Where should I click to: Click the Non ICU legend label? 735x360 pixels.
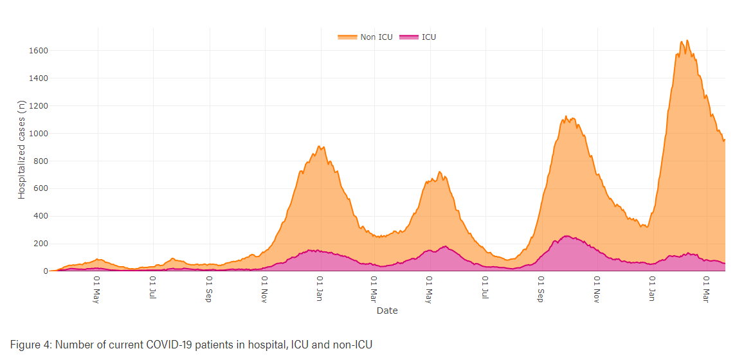[x=376, y=37]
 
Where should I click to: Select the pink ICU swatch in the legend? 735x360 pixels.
[x=409, y=37]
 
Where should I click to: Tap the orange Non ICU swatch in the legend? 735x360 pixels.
[x=347, y=37]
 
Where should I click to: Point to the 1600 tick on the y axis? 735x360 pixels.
[x=38, y=51]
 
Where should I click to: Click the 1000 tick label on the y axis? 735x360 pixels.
[x=38, y=134]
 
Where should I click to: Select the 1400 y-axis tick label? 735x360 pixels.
[x=38, y=78]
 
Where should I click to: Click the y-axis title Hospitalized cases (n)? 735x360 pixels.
[x=22, y=149]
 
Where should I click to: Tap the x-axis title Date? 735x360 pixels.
[x=387, y=310]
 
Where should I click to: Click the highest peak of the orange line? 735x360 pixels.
[x=687, y=40]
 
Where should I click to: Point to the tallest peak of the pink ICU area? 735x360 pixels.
[x=566, y=236]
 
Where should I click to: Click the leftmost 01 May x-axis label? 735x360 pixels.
[x=96, y=291]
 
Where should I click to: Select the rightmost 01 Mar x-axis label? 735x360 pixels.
[x=706, y=291]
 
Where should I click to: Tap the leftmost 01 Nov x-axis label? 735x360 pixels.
[x=264, y=291]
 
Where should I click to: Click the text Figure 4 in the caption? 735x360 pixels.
[x=30, y=345]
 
